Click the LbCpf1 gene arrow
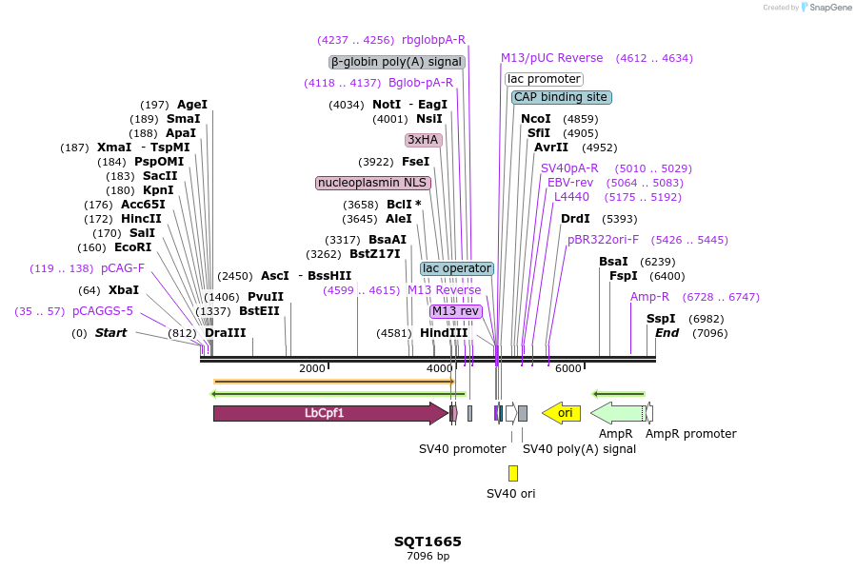pyautogui.click(x=325, y=413)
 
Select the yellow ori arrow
pyautogui.click(x=563, y=413)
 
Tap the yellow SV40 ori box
pyautogui.click(x=513, y=473)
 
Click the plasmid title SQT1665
pyautogui.click(x=428, y=541)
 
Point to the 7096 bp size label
pyautogui.click(x=428, y=556)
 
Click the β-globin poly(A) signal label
pyautogui.click(x=397, y=62)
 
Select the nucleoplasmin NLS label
pyautogui.click(x=373, y=182)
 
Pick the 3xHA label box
pyautogui.click(x=423, y=140)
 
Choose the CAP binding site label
pyautogui.click(x=561, y=97)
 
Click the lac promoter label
pyautogui.click(x=544, y=79)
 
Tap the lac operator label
pyautogui.click(x=457, y=268)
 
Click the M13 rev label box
pyautogui.click(x=456, y=311)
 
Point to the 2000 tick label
pyautogui.click(x=312, y=368)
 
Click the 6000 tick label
pyautogui.click(x=567, y=368)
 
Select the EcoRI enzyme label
pyautogui.click(x=133, y=247)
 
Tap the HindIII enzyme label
pyautogui.click(x=444, y=333)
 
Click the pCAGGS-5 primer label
pyautogui.click(x=103, y=311)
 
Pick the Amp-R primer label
pyautogui.click(x=649, y=297)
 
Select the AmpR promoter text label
pyautogui.click(x=690, y=434)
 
